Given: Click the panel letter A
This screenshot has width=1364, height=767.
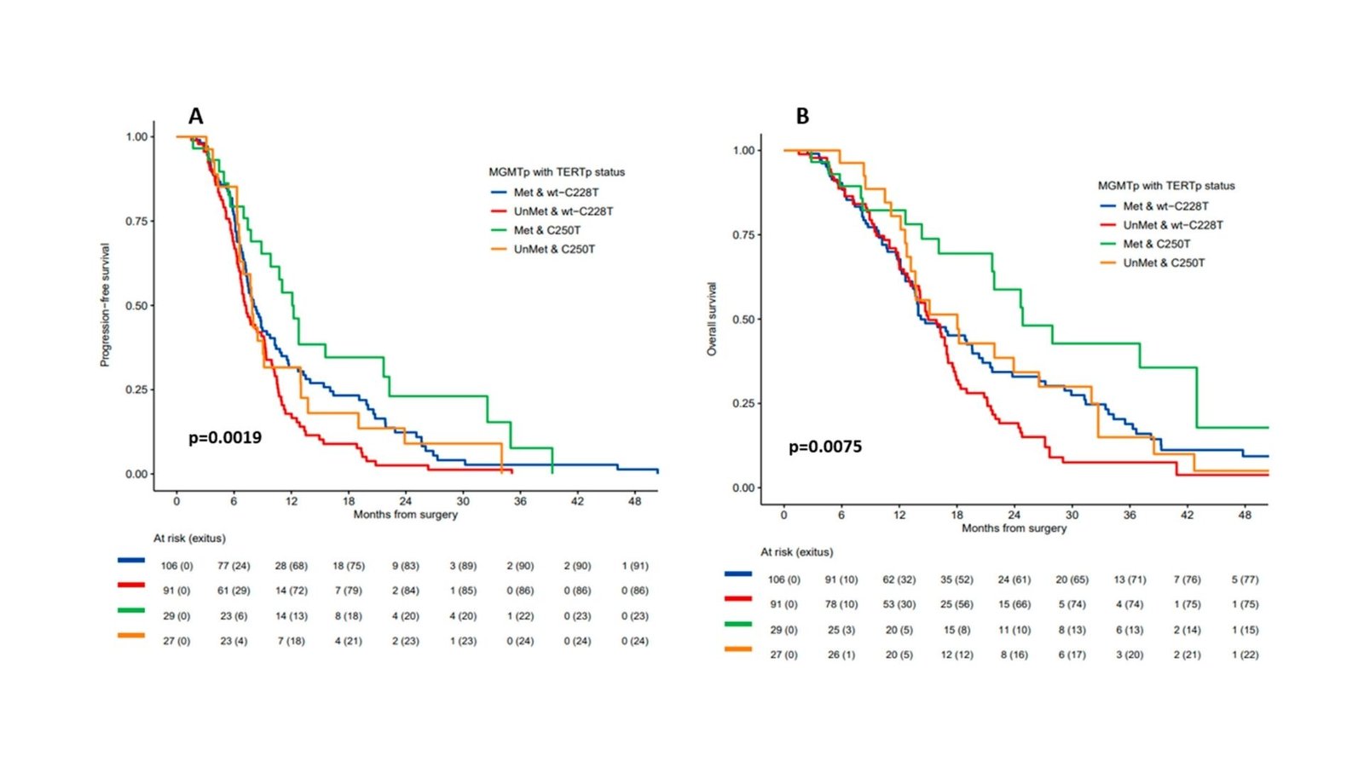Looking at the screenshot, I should pyautogui.click(x=196, y=117).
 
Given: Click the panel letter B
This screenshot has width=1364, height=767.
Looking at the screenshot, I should pyautogui.click(x=802, y=117).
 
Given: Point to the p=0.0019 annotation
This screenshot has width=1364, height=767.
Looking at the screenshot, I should pyautogui.click(x=225, y=438).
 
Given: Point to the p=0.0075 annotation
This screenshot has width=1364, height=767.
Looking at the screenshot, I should pyautogui.click(x=825, y=447).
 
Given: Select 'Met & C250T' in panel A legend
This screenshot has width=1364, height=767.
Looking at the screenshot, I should pyautogui.click(x=546, y=230).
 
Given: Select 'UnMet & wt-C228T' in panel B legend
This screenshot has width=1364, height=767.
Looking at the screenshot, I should pyautogui.click(x=1172, y=225).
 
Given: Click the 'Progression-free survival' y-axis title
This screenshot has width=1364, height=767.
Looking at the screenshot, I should pyautogui.click(x=105, y=305).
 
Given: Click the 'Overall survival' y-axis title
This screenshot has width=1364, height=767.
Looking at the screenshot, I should pyautogui.click(x=712, y=319).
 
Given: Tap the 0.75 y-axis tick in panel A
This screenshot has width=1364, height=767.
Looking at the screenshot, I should pyautogui.click(x=136, y=222).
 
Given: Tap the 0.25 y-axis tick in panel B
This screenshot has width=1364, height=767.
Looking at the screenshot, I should pyautogui.click(x=743, y=403).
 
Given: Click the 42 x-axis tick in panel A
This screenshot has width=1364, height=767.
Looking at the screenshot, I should pyautogui.click(x=577, y=501).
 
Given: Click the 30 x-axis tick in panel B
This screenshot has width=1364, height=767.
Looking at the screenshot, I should pyautogui.click(x=1072, y=515).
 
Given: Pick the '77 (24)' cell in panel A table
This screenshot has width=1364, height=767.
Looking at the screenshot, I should pyautogui.click(x=234, y=566).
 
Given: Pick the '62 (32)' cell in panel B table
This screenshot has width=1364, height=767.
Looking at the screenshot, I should pyautogui.click(x=899, y=580).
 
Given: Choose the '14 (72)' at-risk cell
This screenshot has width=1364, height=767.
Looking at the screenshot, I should pyautogui.click(x=292, y=591).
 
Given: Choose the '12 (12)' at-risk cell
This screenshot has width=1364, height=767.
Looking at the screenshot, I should pyautogui.click(x=957, y=655).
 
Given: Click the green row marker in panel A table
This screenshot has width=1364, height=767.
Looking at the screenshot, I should pyautogui.click(x=131, y=610).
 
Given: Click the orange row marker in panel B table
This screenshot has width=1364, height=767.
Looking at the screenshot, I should pyautogui.click(x=738, y=649).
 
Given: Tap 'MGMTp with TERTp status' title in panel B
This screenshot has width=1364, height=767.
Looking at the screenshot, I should pyautogui.click(x=1165, y=186).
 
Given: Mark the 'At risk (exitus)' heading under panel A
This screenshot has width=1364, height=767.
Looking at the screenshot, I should pyautogui.click(x=189, y=539).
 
